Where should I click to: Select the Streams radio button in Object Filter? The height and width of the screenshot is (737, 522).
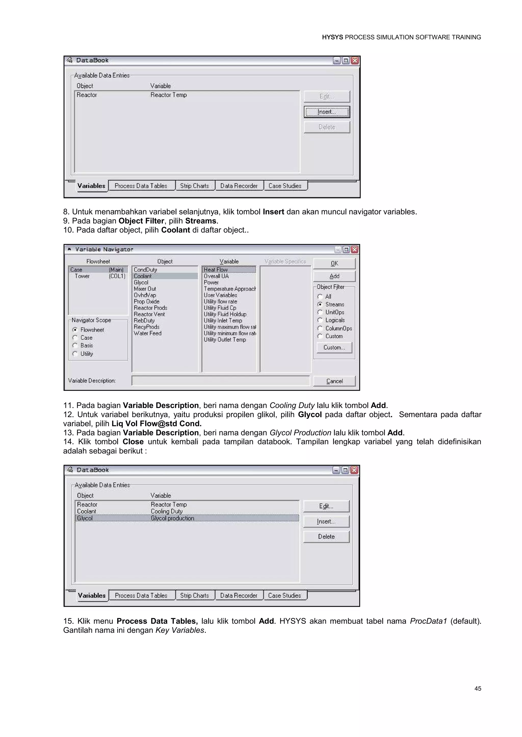tap(320, 304)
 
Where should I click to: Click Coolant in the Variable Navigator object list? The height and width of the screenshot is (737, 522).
tap(143, 276)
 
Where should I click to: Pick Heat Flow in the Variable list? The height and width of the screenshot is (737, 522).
tap(215, 270)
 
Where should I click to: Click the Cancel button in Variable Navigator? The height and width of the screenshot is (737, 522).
tap(334, 381)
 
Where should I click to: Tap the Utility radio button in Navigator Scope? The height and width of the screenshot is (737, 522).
tap(75, 354)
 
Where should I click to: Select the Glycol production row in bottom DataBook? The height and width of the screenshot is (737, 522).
tap(172, 518)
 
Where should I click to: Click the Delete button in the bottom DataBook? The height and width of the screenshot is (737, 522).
tap(326, 536)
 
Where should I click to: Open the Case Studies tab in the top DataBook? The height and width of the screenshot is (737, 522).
tap(285, 186)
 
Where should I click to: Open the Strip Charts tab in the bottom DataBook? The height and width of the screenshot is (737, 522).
tap(194, 596)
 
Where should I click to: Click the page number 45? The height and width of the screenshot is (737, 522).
tap(478, 688)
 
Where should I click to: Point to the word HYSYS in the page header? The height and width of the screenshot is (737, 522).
tap(332, 37)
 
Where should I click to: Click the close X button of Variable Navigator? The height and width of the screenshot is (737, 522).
tap(355, 249)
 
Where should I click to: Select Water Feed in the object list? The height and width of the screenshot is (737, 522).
tap(148, 333)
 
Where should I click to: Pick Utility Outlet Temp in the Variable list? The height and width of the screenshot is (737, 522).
tap(225, 339)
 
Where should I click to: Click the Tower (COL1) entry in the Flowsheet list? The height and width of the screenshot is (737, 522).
tap(98, 276)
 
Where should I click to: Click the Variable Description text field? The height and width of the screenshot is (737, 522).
tap(220, 381)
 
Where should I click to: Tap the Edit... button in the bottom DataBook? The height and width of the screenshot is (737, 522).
tap(326, 506)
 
